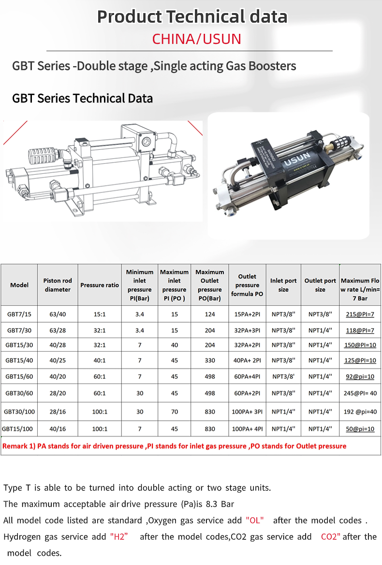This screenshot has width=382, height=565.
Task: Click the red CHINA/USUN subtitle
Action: pyautogui.click(x=196, y=39)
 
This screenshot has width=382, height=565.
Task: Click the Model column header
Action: pyautogui.click(x=19, y=285)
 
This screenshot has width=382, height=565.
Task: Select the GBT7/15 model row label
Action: pyautogui.click(x=19, y=314)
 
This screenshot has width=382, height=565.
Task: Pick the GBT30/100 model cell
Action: pyautogui.click(x=19, y=411)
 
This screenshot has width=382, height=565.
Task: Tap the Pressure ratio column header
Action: pyautogui.click(x=100, y=285)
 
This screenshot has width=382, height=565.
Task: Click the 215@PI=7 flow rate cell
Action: pyautogui.click(x=360, y=314)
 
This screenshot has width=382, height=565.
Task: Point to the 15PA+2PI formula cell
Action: pyautogui.click(x=247, y=314)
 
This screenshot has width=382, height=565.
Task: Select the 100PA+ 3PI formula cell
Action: pyautogui.click(x=247, y=411)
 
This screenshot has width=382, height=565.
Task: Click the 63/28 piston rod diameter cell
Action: pyautogui.click(x=58, y=330)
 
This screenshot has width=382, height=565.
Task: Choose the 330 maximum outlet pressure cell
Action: pyautogui.click(x=210, y=360)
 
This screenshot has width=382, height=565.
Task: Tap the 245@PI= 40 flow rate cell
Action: pyautogui.click(x=360, y=393)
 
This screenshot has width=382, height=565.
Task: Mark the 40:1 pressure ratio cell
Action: pyautogui.click(x=100, y=360)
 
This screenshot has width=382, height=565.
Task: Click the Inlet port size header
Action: pyautogui.click(x=283, y=285)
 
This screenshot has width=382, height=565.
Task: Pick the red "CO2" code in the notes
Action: pyautogui.click(x=331, y=537)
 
